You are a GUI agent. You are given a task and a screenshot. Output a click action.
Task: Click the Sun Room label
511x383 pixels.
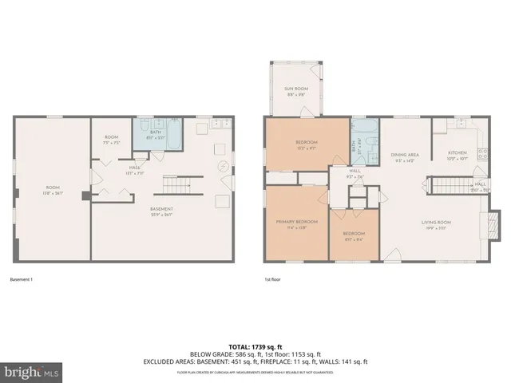295,89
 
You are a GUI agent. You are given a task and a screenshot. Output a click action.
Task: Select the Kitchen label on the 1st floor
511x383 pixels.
457,155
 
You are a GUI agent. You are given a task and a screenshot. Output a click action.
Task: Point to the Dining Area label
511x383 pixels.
405,157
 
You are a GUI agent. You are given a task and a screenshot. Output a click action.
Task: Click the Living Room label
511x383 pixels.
437,225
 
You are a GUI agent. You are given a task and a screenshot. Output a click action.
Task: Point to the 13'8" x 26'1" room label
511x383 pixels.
52,192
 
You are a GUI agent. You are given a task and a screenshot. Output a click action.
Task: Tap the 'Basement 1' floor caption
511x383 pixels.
21,280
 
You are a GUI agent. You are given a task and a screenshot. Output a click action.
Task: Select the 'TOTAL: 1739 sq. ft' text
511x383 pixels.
255,346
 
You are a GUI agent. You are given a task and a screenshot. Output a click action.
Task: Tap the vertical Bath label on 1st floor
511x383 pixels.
353,146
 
